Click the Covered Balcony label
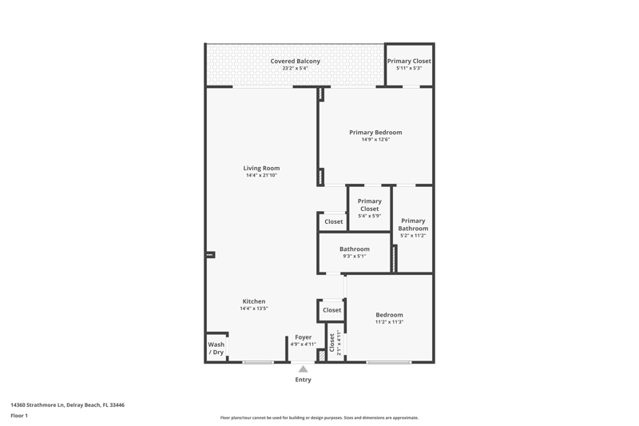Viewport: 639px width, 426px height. click(x=295, y=62)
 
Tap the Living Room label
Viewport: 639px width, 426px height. click(x=261, y=168)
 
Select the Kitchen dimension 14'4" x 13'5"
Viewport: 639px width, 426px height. click(x=254, y=309)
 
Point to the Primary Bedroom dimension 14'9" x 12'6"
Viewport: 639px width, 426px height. click(x=375, y=139)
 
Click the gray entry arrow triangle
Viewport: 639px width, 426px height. click(x=303, y=369)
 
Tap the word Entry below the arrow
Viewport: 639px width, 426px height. click(x=304, y=380)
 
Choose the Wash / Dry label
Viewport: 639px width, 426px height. click(x=216, y=348)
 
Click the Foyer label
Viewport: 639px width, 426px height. click(x=304, y=337)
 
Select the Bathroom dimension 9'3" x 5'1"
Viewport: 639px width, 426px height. click(x=355, y=257)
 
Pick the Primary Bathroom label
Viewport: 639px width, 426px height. click(x=413, y=225)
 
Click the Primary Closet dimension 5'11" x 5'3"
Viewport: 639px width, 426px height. click(x=409, y=68)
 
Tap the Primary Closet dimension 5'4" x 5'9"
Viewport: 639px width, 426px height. click(x=370, y=216)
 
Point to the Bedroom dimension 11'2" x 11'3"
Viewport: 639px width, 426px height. click(x=390, y=322)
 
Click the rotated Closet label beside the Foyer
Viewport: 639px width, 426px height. click(x=331, y=342)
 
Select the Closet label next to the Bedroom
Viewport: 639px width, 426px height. click(x=331, y=310)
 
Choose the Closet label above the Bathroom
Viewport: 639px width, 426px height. click(x=333, y=221)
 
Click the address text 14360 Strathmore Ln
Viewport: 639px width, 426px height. click(x=38, y=404)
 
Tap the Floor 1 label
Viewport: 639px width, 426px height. click(x=19, y=416)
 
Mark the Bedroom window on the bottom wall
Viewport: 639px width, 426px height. click(x=388, y=362)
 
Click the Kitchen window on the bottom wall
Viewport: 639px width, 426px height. click(x=258, y=362)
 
